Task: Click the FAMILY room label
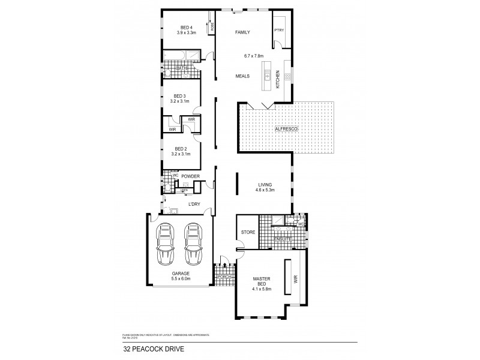(x=242, y=32)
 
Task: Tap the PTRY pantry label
(x=278, y=31)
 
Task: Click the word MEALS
(x=243, y=76)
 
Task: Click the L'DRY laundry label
(x=194, y=205)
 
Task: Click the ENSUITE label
(x=282, y=239)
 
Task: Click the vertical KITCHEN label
(x=278, y=80)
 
